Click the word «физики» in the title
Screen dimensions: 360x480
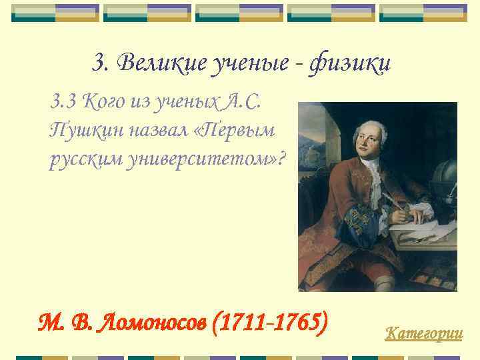coord(352,65)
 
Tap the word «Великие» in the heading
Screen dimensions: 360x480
coord(148,64)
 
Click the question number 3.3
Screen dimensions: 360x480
coord(63,102)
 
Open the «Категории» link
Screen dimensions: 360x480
coord(423,332)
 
